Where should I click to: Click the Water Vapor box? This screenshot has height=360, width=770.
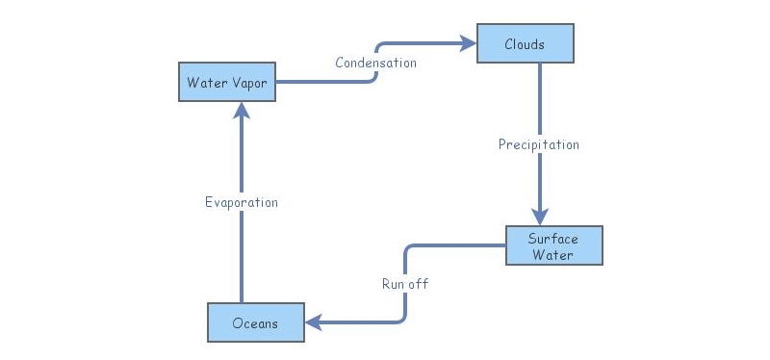click(227, 82)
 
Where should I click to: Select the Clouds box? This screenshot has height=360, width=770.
click(525, 44)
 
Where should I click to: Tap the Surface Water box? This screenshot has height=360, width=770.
click(553, 246)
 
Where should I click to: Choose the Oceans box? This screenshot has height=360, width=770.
click(256, 322)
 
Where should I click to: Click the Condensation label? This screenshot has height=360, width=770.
click(375, 63)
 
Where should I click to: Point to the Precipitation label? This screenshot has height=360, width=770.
click(538, 144)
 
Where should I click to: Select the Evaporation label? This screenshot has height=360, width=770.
click(241, 202)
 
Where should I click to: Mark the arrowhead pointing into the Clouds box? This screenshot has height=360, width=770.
click(468, 43)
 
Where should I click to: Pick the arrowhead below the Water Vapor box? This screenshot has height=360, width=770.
click(242, 112)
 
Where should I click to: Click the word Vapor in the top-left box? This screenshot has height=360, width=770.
click(247, 82)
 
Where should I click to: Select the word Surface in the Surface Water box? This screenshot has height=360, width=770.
click(553, 239)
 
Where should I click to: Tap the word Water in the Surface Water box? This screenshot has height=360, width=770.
click(553, 255)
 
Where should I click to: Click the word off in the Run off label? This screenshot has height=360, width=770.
click(418, 284)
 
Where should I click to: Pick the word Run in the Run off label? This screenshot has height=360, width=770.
click(393, 284)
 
